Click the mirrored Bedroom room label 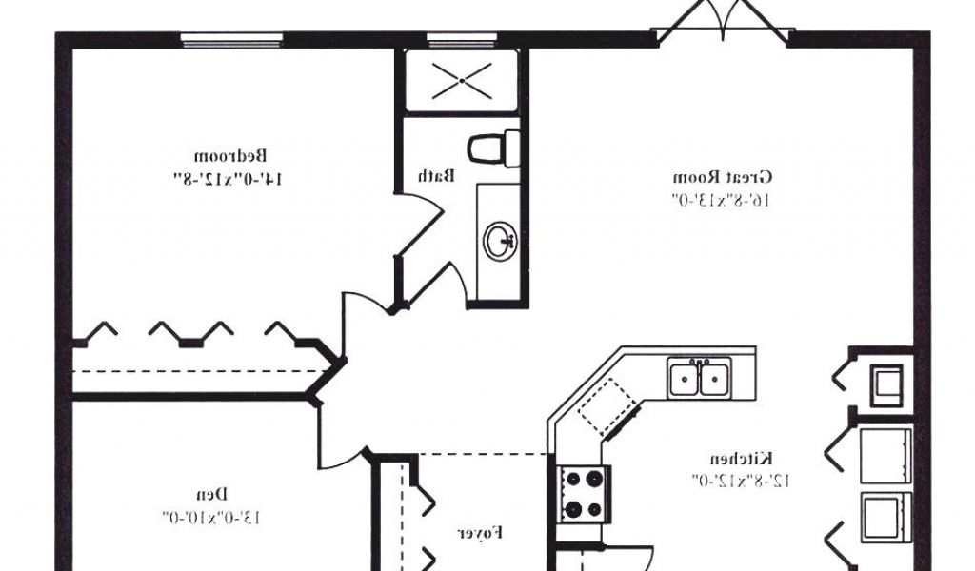point(231,155)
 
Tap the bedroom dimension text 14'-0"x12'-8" point(228,178)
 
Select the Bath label point(438,175)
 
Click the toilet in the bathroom point(493,148)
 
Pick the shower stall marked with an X point(461,81)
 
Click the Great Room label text point(723,177)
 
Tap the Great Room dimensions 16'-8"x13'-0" point(721,200)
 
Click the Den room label point(211,494)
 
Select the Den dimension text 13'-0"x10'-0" point(210,517)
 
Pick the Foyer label point(480,533)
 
